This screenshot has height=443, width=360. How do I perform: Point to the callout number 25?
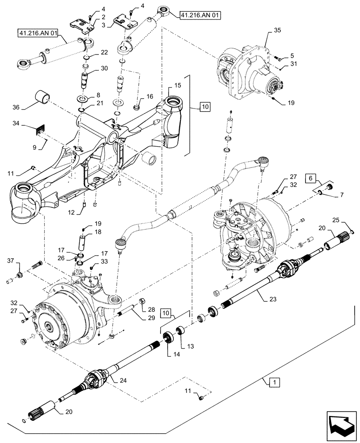pyautogui.click(x=336, y=220)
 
